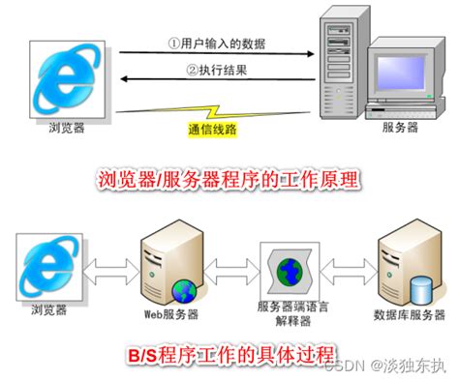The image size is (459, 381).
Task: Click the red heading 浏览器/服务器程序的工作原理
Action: tap(229, 179)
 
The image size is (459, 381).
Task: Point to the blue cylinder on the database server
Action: tap(420, 288)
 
